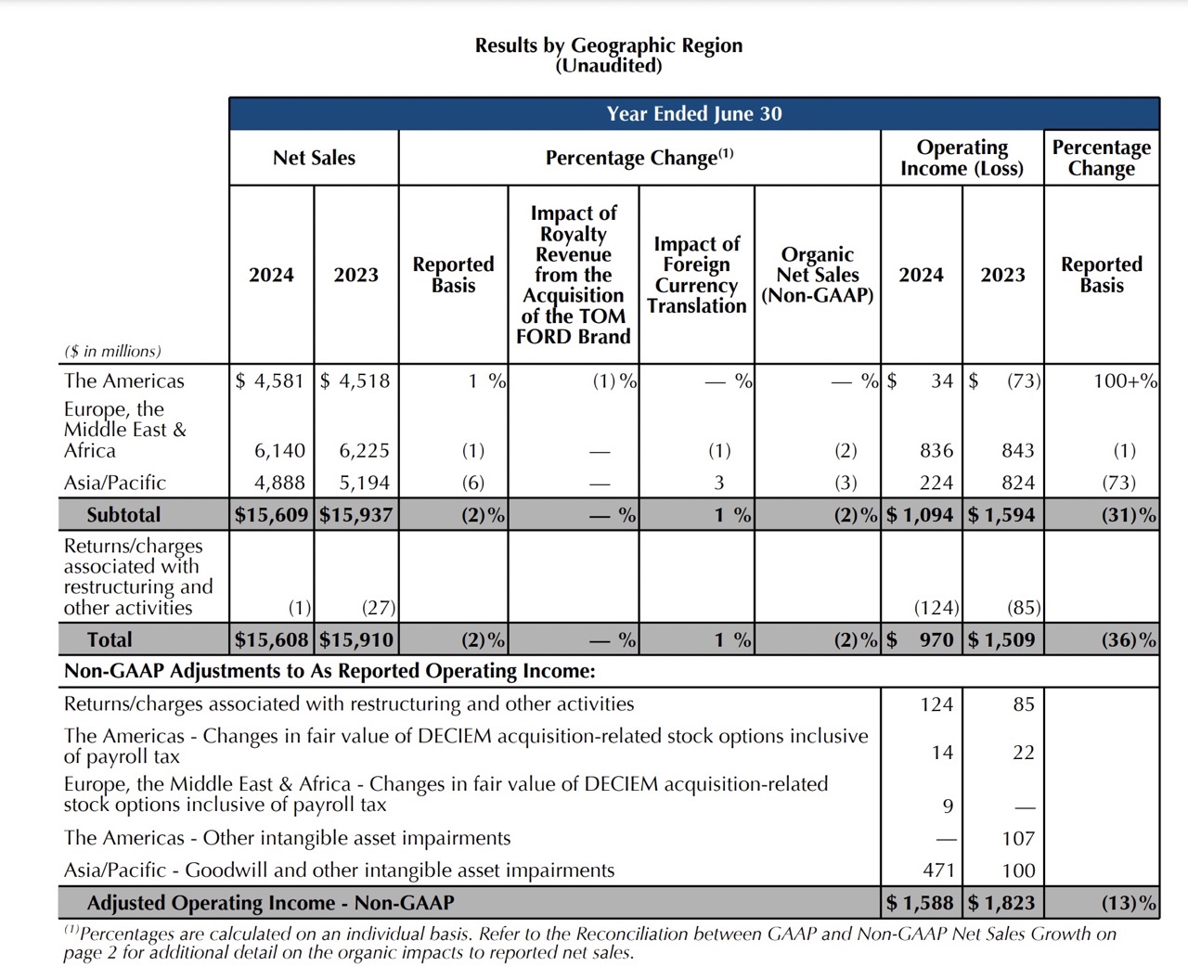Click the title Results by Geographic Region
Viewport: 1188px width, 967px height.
point(609,45)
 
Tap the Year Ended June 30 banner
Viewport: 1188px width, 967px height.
point(694,114)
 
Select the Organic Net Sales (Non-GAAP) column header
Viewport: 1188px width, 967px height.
point(817,275)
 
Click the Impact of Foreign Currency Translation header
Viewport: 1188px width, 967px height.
point(697,275)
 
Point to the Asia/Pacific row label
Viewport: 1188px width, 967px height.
point(115,483)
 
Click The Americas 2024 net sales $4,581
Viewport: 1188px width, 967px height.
point(270,380)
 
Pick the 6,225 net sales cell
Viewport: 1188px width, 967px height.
point(364,451)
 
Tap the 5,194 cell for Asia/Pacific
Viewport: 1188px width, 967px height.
point(364,483)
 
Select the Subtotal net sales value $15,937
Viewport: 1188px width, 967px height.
point(356,514)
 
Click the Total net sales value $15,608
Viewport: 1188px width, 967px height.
point(271,639)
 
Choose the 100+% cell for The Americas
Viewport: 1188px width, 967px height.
point(1125,380)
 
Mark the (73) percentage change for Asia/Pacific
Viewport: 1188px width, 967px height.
point(1118,483)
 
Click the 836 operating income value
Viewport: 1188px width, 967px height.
point(936,451)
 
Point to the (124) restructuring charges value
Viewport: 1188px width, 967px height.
point(936,607)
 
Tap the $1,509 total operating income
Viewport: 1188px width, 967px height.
point(1001,639)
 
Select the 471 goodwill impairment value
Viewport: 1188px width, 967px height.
point(938,870)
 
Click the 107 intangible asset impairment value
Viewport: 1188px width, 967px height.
point(1018,838)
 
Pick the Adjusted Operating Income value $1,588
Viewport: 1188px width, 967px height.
point(920,902)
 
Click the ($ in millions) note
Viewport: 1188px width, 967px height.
point(112,352)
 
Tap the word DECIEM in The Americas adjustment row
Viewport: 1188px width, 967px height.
point(455,736)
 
